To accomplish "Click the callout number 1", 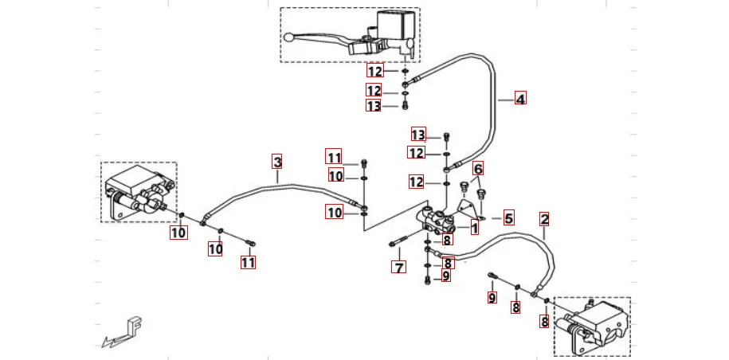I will (474, 229).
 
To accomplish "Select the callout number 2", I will (544, 218).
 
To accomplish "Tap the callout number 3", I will (277, 162).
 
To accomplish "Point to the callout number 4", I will (520, 100).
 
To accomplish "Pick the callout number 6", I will (478, 169).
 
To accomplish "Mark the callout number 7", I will (398, 267).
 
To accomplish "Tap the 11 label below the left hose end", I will (249, 261).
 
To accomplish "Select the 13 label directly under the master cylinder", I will (374, 106).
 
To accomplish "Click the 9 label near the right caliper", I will (492, 298).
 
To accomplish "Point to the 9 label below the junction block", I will (446, 276).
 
